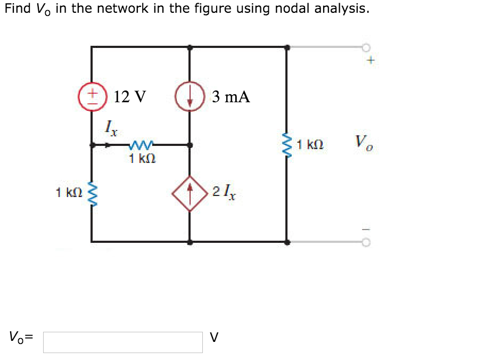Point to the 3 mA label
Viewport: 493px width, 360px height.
tap(231, 97)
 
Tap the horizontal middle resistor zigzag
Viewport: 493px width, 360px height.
tap(141, 144)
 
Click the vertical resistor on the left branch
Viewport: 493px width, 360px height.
tap(92, 193)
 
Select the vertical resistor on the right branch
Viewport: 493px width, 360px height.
tap(287, 144)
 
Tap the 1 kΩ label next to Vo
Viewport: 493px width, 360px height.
tap(311, 144)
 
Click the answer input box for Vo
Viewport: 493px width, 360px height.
tap(123, 342)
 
